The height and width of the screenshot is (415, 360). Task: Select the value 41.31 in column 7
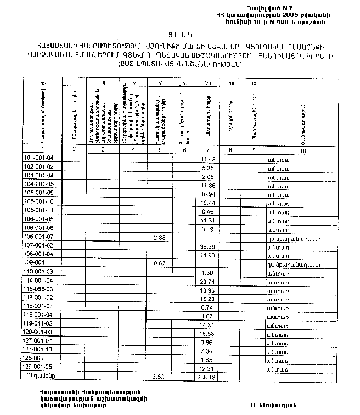coord(207,220)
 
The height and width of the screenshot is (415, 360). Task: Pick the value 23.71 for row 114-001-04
coord(207,281)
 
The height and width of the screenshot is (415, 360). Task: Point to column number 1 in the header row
coord(42,149)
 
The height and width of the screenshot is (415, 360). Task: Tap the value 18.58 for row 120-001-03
coord(207,333)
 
